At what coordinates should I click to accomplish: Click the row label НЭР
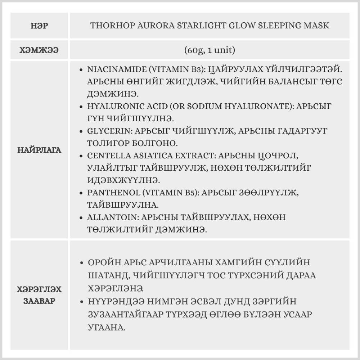click(39, 26)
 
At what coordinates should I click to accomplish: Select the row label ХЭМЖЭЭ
click(39, 50)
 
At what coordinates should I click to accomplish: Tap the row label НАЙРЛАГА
click(39, 150)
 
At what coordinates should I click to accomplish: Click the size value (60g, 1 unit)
click(209, 50)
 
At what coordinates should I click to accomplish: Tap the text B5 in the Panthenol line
click(191, 193)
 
